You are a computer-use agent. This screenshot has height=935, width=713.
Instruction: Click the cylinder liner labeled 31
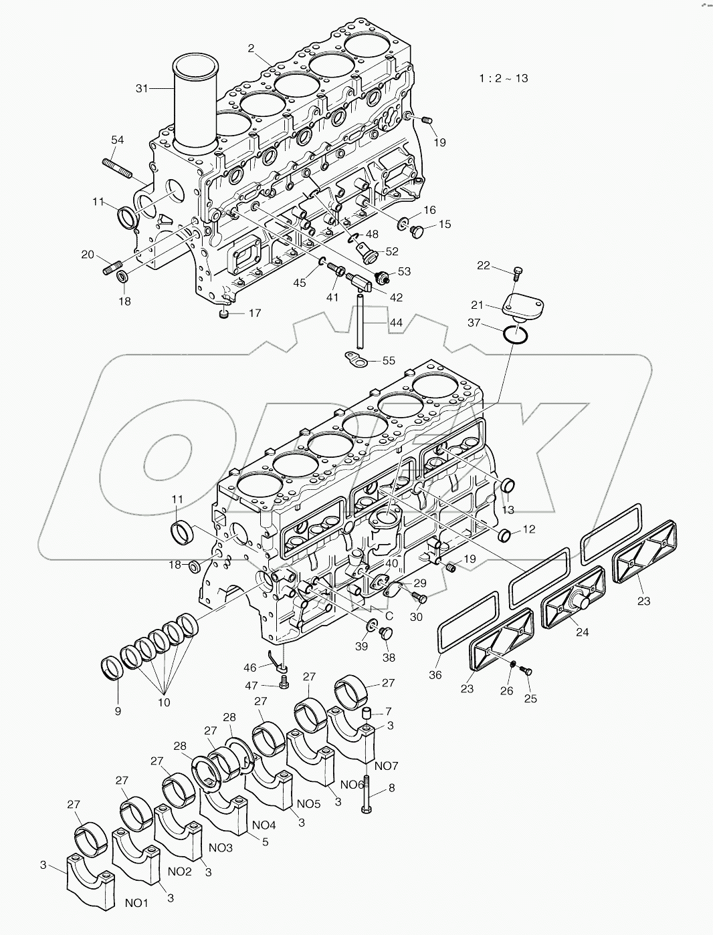click(x=195, y=100)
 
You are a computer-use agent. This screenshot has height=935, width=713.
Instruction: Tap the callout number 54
click(x=117, y=140)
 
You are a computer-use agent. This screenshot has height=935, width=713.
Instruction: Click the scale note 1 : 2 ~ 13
click(x=503, y=78)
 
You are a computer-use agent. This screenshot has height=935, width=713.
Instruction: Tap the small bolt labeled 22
click(x=517, y=272)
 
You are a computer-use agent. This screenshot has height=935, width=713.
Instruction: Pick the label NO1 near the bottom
click(x=136, y=903)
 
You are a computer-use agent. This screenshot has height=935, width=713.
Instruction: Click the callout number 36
click(x=435, y=676)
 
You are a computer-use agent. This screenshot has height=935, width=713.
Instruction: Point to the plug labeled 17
click(x=225, y=314)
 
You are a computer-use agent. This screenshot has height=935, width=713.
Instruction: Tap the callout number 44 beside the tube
click(x=396, y=323)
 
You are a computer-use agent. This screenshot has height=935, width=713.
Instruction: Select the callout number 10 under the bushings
click(x=164, y=702)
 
